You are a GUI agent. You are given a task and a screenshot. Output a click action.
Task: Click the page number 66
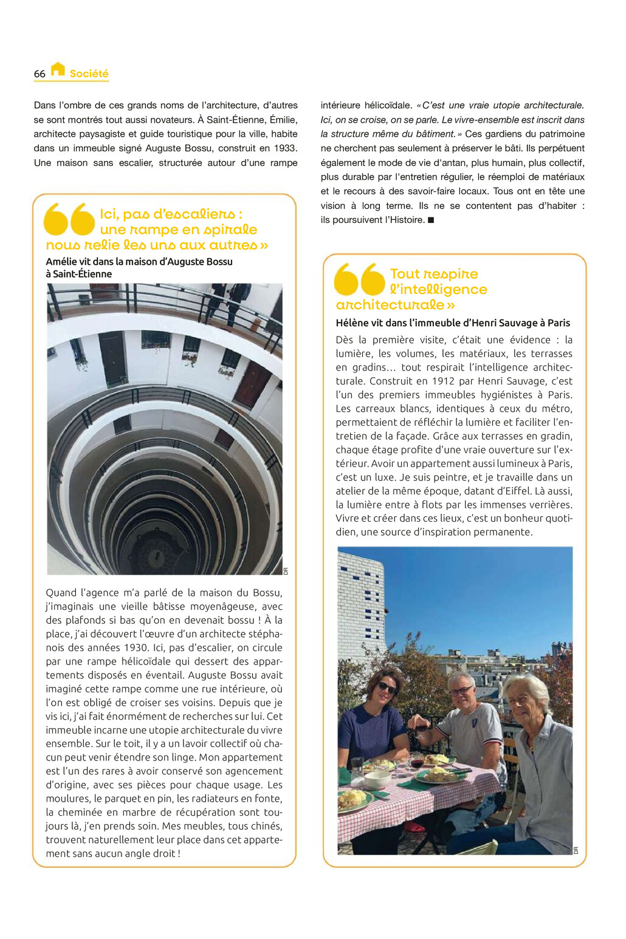[x=40, y=74]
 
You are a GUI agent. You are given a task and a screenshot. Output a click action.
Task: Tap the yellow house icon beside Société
[x=58, y=69]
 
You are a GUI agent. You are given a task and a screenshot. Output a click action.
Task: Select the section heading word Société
[x=89, y=74]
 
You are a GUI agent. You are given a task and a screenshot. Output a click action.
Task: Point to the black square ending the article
[x=431, y=220]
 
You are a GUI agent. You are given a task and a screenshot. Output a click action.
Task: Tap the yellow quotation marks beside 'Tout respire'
[x=360, y=279]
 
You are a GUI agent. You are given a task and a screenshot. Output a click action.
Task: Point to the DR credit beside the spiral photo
[x=286, y=571]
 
